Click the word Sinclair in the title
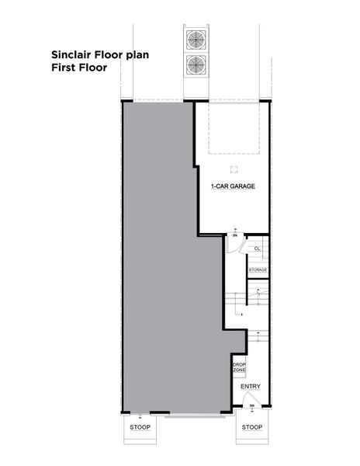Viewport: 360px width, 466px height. pyautogui.click(x=71, y=55)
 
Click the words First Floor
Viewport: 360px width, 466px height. pyautogui.click(x=78, y=68)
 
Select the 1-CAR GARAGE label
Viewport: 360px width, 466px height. pyautogui.click(x=233, y=187)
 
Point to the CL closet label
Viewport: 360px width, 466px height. pyautogui.click(x=256, y=248)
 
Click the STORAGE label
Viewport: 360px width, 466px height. pyautogui.click(x=258, y=270)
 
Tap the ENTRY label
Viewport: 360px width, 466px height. pyautogui.click(x=251, y=387)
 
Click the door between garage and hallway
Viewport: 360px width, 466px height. pyautogui.click(x=232, y=243)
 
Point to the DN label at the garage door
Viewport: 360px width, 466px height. pyautogui.click(x=235, y=234)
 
